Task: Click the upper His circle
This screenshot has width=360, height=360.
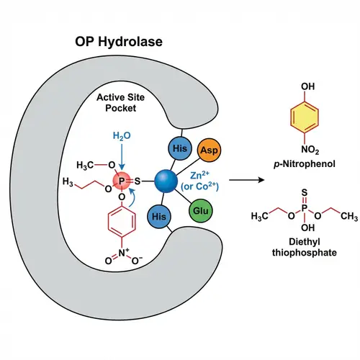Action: pyautogui.click(x=180, y=148)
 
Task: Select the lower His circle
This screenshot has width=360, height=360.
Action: pyautogui.click(x=161, y=216)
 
